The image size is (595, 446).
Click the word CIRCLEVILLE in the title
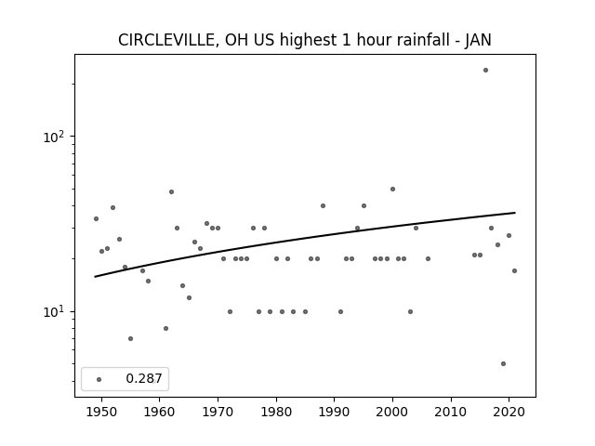[x=167, y=40]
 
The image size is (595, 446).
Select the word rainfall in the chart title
[x=421, y=40]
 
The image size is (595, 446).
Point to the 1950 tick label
[x=101, y=412]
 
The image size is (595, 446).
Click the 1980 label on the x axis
[x=276, y=412]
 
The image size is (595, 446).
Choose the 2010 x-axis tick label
[x=451, y=412]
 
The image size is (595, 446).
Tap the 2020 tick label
[x=509, y=412]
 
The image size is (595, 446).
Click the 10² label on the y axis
[x=54, y=137]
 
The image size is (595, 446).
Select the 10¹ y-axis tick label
[x=54, y=312]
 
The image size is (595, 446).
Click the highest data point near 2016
[x=485, y=71]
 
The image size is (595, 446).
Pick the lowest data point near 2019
[x=503, y=363]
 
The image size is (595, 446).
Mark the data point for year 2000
[x=392, y=189]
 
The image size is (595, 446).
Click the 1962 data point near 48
[x=171, y=192]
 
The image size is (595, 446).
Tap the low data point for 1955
[x=130, y=338]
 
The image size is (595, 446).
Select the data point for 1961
[x=165, y=328]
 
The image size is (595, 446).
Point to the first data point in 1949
[x=96, y=219]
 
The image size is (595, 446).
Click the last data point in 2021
[x=514, y=270]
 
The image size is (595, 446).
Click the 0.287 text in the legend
[x=144, y=378]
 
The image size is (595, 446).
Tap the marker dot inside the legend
[x=99, y=379]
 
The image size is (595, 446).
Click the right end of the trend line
[x=515, y=213]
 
